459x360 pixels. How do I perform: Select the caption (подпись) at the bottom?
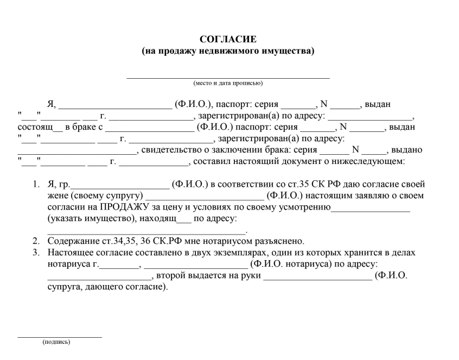click(57, 342)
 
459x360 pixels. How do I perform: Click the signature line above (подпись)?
click(60, 337)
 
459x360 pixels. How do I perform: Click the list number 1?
click(35, 184)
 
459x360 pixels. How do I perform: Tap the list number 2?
click(35, 241)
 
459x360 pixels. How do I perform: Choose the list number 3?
click(35, 252)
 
